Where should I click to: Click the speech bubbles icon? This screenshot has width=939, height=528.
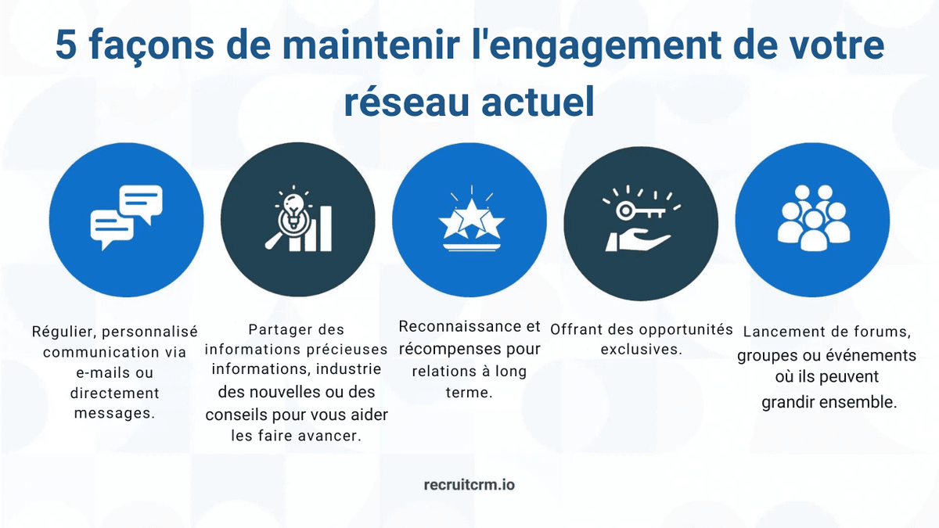[x=126, y=218]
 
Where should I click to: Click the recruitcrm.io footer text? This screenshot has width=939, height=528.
[x=469, y=485]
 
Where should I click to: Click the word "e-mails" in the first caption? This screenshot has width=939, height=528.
[x=100, y=372]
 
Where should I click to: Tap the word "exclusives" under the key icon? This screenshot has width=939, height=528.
[x=640, y=349]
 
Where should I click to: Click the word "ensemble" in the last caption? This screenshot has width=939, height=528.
[x=858, y=403]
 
